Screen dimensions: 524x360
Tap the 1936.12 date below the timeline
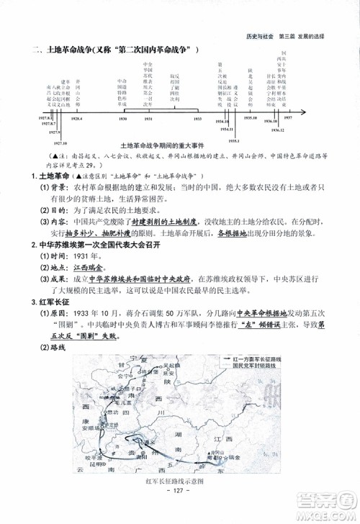[x=279, y=130]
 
